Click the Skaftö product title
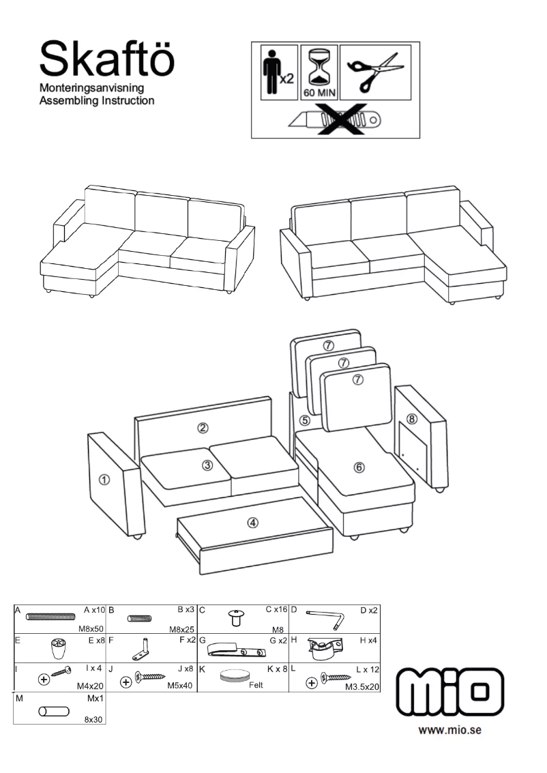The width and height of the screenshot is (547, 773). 107,59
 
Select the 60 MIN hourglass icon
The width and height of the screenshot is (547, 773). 319,72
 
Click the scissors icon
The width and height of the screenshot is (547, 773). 375,72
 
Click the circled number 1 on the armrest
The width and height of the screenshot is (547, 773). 104,480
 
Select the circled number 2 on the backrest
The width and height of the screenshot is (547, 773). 203,428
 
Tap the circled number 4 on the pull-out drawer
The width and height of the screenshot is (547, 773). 253,523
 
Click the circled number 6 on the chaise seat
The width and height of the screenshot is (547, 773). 359,467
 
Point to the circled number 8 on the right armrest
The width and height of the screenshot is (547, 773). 411,418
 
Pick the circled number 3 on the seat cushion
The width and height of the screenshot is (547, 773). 207,466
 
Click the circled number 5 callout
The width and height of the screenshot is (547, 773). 305,421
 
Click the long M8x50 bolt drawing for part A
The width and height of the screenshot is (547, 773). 50,617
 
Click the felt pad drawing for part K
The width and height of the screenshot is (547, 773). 235,676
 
